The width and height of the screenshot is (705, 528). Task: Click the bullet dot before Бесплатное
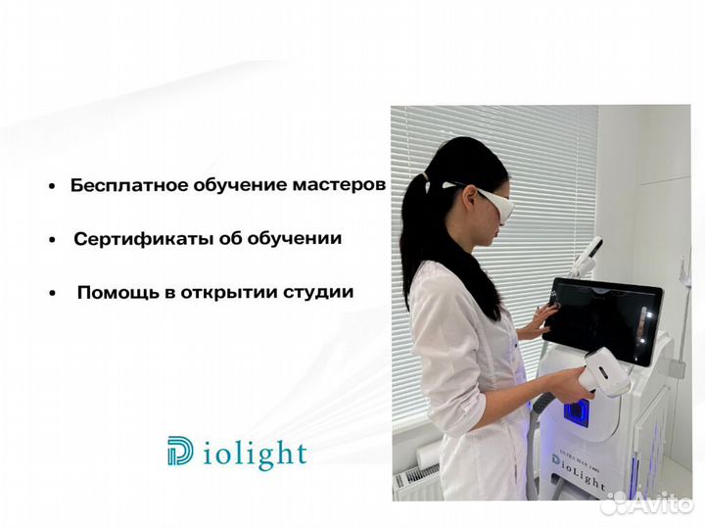(50, 186)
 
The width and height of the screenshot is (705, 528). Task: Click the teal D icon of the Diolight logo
(180, 452)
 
